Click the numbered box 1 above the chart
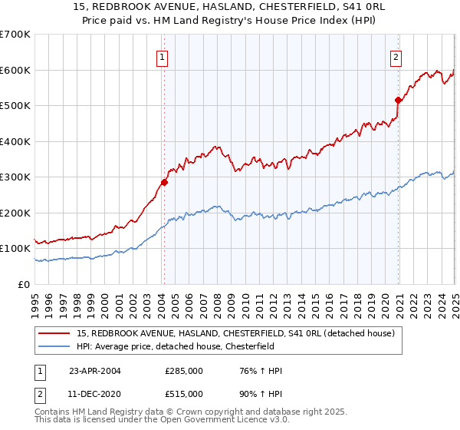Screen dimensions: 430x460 [163, 56]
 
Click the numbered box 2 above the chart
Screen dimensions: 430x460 [396, 56]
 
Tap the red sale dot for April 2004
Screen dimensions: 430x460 [164, 183]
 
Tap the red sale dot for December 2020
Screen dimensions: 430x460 [398, 100]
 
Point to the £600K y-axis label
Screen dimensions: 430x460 [15, 70]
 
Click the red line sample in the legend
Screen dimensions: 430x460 [54, 333]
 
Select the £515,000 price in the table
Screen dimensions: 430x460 [184, 393]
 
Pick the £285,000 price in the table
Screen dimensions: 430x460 [184, 371]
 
